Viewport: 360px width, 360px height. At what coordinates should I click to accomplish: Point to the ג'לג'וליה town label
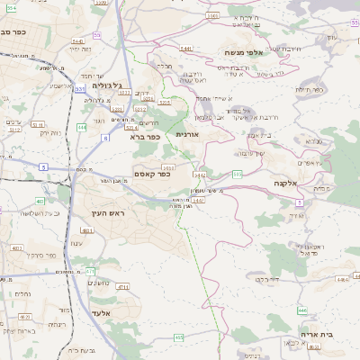pyautogui.click(x=94, y=85)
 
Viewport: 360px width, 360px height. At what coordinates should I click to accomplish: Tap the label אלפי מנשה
pyautogui.click(x=243, y=53)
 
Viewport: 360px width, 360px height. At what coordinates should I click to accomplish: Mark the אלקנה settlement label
pyautogui.click(x=288, y=182)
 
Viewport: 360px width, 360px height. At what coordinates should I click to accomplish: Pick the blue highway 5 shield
pyautogui.click(x=42, y=167)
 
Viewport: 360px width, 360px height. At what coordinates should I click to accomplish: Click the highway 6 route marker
pyautogui.click(x=104, y=138)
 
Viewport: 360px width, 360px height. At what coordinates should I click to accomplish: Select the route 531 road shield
pyautogui.click(x=80, y=90)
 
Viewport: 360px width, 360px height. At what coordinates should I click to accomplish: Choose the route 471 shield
pyautogui.click(x=89, y=270)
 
